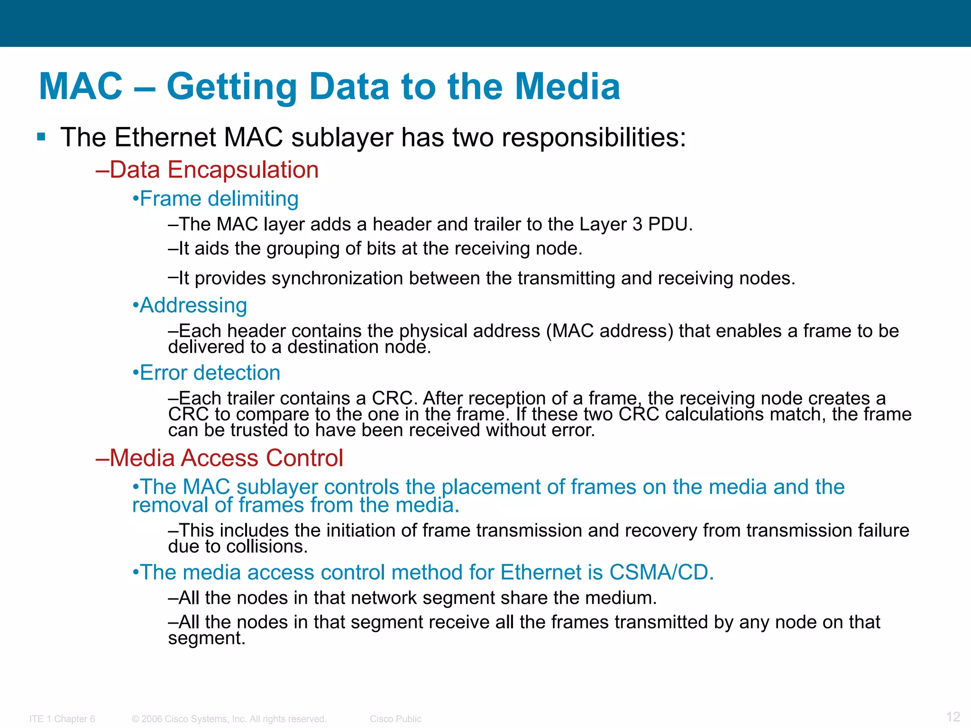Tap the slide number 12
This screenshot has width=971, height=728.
[x=953, y=716]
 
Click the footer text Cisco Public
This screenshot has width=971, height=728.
[x=395, y=719]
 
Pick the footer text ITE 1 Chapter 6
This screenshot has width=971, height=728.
[x=62, y=719]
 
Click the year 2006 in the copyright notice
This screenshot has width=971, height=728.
[x=152, y=719]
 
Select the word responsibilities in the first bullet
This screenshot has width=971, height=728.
[x=593, y=137]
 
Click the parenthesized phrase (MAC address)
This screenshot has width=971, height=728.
[x=610, y=331]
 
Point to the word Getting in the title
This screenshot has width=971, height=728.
[x=231, y=86]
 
